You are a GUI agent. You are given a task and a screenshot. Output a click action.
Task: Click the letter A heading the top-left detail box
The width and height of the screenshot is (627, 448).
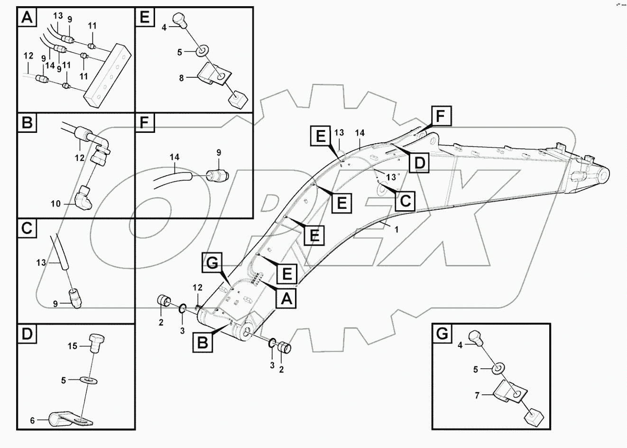point(27,18)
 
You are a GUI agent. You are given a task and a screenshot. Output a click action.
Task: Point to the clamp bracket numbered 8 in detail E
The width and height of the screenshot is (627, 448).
point(214,74)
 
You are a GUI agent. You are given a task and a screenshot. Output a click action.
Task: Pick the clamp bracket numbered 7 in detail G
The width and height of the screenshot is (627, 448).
point(509,392)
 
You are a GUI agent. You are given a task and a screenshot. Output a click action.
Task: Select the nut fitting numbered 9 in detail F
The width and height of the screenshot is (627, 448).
point(218,175)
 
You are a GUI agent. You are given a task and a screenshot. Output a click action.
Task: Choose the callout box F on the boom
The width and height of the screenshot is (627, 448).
point(441,116)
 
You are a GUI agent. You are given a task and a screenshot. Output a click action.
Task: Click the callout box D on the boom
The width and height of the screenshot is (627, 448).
point(419,162)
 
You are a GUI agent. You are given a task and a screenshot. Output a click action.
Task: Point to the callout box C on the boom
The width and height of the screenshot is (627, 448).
point(405,200)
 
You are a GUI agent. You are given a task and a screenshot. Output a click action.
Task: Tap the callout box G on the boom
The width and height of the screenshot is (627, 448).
point(212,262)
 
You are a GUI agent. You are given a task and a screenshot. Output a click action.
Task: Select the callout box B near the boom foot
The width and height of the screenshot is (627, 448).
point(203,342)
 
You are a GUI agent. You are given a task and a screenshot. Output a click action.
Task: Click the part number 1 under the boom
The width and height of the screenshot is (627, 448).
point(396,230)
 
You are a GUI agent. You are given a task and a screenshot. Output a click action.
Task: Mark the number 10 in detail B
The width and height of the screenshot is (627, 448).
point(55,204)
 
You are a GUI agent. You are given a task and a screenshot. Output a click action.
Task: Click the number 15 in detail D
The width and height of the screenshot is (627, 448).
point(72,346)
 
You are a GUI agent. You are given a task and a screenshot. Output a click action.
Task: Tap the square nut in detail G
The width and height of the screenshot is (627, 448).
point(534,418)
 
